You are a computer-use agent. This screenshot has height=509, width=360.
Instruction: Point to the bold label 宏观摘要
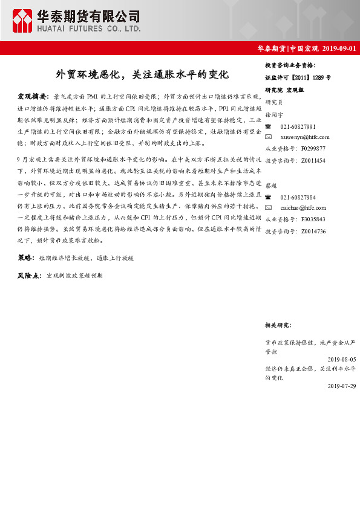(33, 96)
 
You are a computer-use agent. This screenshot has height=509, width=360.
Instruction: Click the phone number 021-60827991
(298, 126)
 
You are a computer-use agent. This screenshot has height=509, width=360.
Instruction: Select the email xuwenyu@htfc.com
(305, 137)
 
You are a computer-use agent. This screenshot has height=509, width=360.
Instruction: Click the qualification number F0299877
(313, 148)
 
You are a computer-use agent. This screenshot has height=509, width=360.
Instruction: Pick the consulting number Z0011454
(313, 161)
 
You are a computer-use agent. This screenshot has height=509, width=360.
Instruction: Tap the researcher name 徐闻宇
(274, 114)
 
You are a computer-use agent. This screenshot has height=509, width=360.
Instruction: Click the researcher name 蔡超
(271, 186)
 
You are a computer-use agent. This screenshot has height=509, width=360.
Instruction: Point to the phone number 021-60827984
(298, 198)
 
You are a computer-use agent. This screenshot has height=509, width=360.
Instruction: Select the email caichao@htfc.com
(304, 209)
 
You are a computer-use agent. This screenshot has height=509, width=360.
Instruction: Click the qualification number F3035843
(313, 219)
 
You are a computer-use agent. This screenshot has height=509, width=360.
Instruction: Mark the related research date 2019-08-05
(339, 359)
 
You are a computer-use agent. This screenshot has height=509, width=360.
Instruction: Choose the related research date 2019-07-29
(339, 386)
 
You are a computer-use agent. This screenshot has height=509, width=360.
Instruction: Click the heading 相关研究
(278, 325)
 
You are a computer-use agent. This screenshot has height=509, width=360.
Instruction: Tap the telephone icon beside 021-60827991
(269, 126)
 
